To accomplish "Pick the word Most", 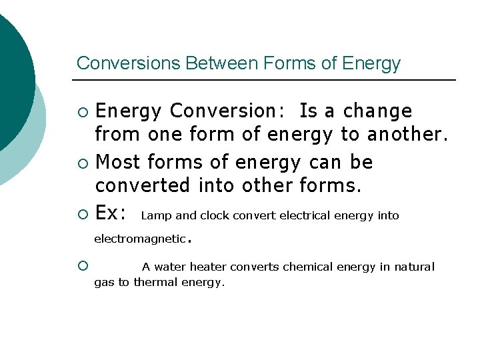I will (118, 162).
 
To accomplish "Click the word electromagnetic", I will (139, 239).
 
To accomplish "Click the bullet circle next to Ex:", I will (82, 214).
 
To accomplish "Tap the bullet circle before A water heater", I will (82, 266).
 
